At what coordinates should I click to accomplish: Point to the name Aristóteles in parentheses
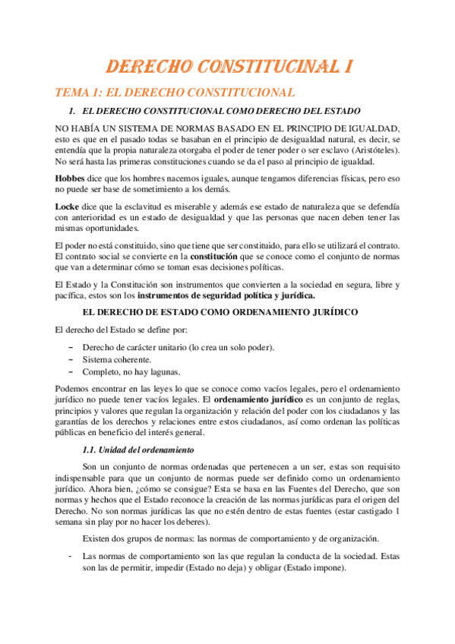(x=374, y=150)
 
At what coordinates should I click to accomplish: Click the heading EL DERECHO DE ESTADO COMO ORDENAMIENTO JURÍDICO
(x=227, y=313)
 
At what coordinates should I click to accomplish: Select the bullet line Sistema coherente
(x=116, y=359)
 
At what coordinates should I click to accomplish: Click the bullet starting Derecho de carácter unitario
(x=179, y=347)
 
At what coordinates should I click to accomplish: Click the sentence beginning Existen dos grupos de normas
(x=231, y=538)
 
